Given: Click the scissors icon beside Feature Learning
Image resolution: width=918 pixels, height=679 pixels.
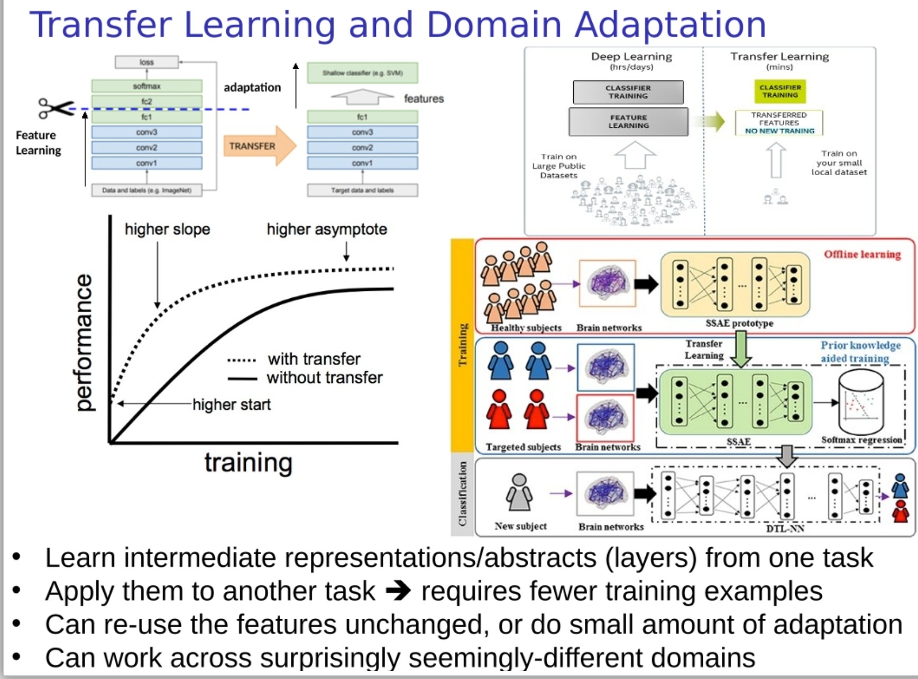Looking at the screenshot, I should (x=56, y=108).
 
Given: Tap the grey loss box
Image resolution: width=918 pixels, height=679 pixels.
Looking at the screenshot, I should (x=146, y=62).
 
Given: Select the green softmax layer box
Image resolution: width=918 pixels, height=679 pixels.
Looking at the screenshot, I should (x=146, y=86).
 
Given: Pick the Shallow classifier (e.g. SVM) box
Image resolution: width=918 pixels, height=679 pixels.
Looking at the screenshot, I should (x=362, y=73).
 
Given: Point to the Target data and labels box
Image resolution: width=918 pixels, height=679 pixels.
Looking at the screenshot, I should (x=362, y=190).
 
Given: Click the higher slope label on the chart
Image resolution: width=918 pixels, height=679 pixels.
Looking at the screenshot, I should (x=167, y=229).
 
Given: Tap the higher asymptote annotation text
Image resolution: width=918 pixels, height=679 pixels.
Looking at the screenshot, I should (x=327, y=229).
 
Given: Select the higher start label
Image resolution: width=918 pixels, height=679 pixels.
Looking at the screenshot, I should (x=231, y=405).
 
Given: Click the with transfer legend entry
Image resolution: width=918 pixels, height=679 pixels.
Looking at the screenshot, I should (x=314, y=359).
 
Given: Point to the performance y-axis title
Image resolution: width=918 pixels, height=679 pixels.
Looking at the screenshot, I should (x=84, y=342).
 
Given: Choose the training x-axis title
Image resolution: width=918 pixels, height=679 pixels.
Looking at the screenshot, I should (x=249, y=463).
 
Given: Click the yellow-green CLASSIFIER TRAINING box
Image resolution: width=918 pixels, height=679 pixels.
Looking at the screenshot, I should (x=780, y=91).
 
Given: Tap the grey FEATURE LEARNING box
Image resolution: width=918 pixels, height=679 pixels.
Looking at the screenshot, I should (x=628, y=122).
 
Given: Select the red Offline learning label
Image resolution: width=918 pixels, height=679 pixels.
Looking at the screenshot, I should (x=862, y=254).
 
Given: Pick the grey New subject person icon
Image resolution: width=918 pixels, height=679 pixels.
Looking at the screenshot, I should (x=519, y=492).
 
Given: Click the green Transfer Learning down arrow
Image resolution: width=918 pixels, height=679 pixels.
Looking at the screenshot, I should (x=741, y=353).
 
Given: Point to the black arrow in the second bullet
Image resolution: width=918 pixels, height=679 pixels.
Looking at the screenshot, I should (x=398, y=591).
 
